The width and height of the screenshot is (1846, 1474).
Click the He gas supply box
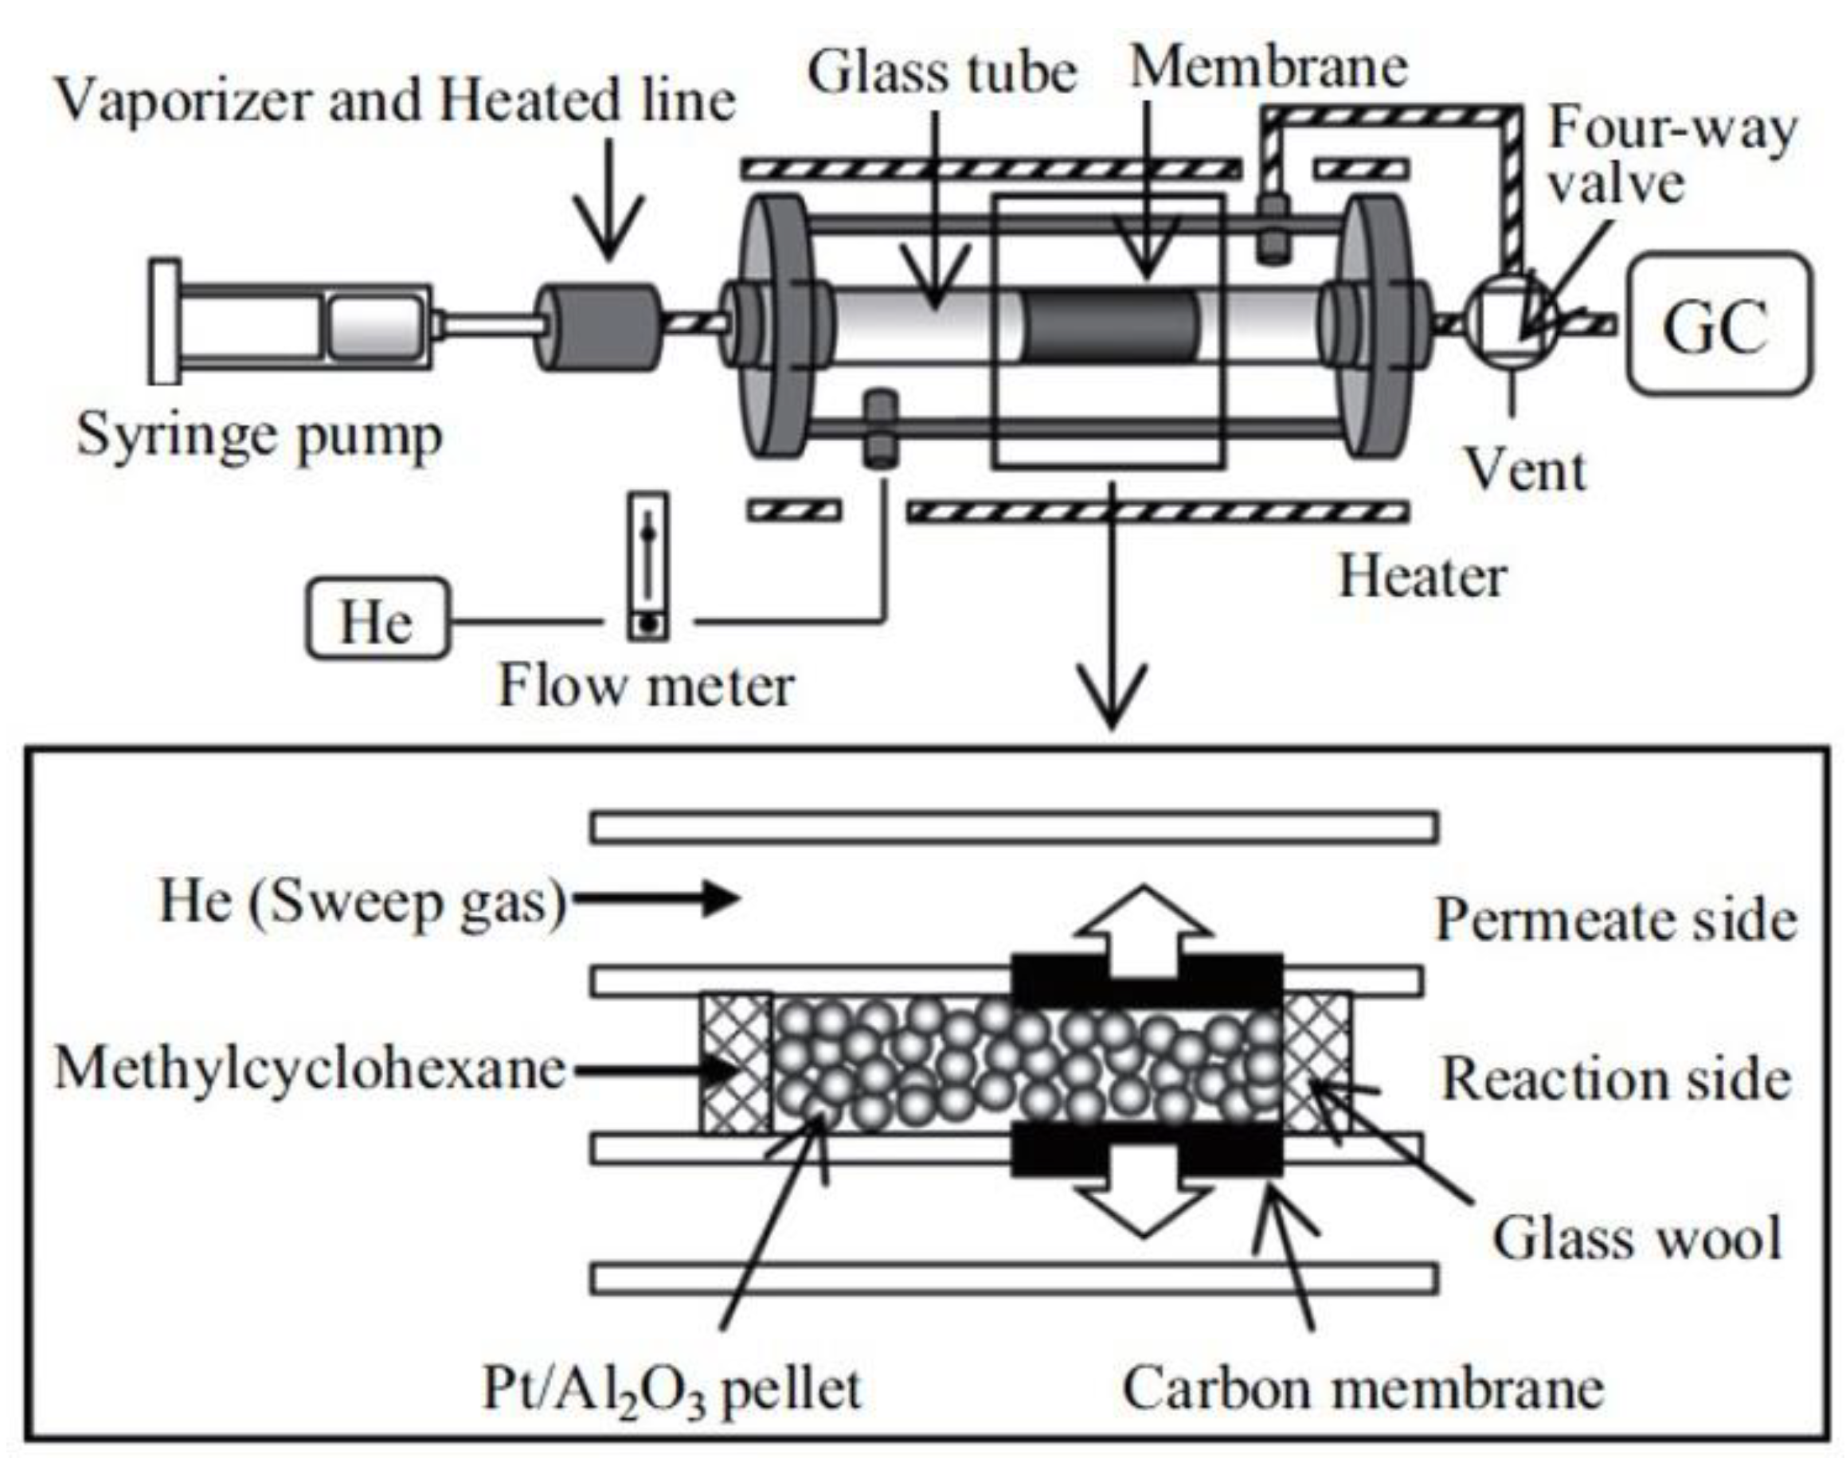(377, 618)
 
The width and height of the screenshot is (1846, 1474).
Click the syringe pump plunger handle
(164, 321)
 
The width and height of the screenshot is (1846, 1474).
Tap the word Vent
(1526, 470)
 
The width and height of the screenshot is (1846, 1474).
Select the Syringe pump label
(260, 436)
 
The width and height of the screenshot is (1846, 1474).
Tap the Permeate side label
(1616, 921)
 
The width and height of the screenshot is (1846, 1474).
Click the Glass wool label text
(1637, 1237)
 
